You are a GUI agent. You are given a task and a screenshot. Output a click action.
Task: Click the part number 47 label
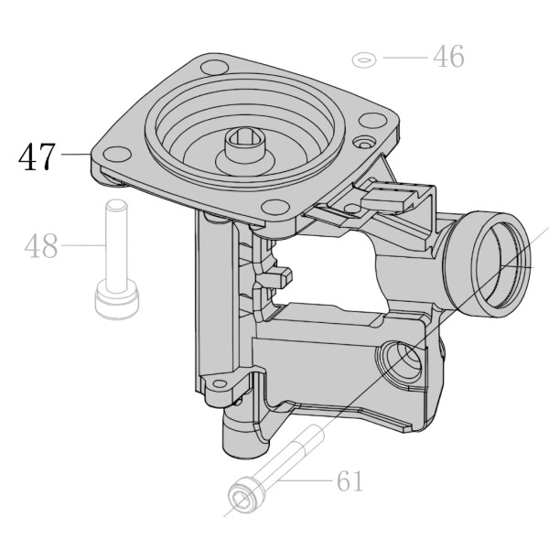coord(37,156)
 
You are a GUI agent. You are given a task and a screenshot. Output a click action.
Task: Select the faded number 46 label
coord(448,57)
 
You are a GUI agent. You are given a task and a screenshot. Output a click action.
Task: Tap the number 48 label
coord(41,246)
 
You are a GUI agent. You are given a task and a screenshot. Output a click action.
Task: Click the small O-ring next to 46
coord(364,59)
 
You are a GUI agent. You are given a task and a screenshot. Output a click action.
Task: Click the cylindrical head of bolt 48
coord(117,298)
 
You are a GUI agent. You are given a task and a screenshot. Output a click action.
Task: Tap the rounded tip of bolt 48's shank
coord(116,203)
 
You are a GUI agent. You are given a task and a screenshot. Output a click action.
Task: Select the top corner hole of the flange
coord(215,67)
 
